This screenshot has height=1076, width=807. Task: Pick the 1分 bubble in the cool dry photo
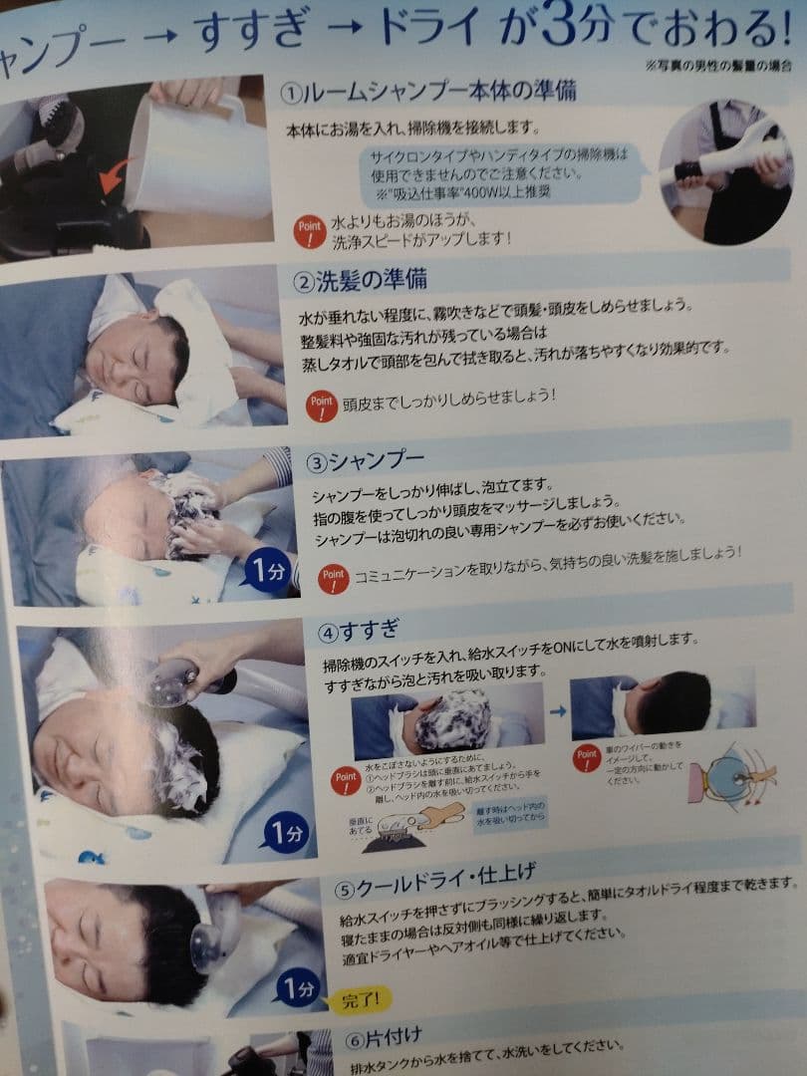[297, 988]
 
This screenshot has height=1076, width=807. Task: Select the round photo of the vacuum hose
[725, 170]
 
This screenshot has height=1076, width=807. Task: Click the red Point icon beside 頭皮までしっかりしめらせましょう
[321, 403]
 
